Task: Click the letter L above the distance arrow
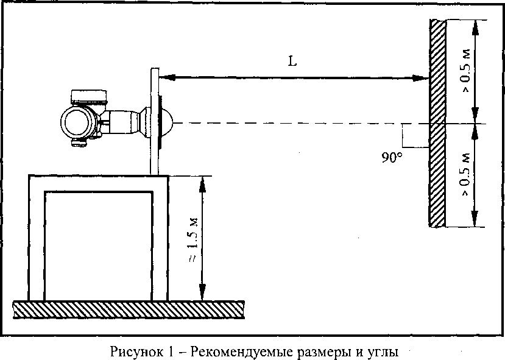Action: point(293,62)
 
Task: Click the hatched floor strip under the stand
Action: point(128,309)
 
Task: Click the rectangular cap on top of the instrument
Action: point(88,96)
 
